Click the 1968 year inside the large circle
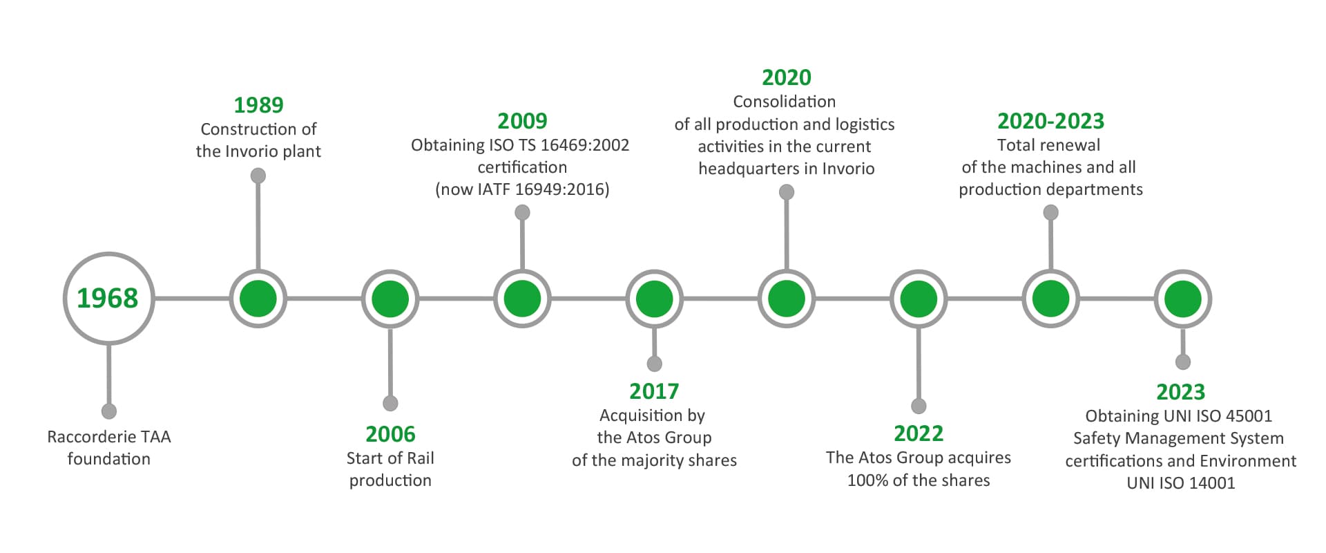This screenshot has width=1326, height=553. (107, 298)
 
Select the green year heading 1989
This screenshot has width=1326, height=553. (258, 105)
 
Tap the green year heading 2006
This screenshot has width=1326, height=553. (390, 434)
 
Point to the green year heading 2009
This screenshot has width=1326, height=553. (522, 121)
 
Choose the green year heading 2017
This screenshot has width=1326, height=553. (654, 391)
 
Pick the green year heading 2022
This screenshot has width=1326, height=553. (919, 433)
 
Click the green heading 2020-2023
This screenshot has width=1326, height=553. (1050, 121)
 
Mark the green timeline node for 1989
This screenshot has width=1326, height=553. (258, 299)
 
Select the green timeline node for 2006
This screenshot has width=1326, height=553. (390, 299)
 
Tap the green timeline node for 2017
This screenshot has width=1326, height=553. (654, 299)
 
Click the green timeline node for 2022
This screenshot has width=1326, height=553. (919, 299)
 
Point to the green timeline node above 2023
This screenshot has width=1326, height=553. (1183, 299)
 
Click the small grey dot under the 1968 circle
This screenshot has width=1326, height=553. (108, 411)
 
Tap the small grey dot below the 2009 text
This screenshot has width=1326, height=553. (522, 212)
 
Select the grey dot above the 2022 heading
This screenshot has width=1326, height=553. (919, 406)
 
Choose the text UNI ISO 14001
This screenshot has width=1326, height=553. (1181, 483)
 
